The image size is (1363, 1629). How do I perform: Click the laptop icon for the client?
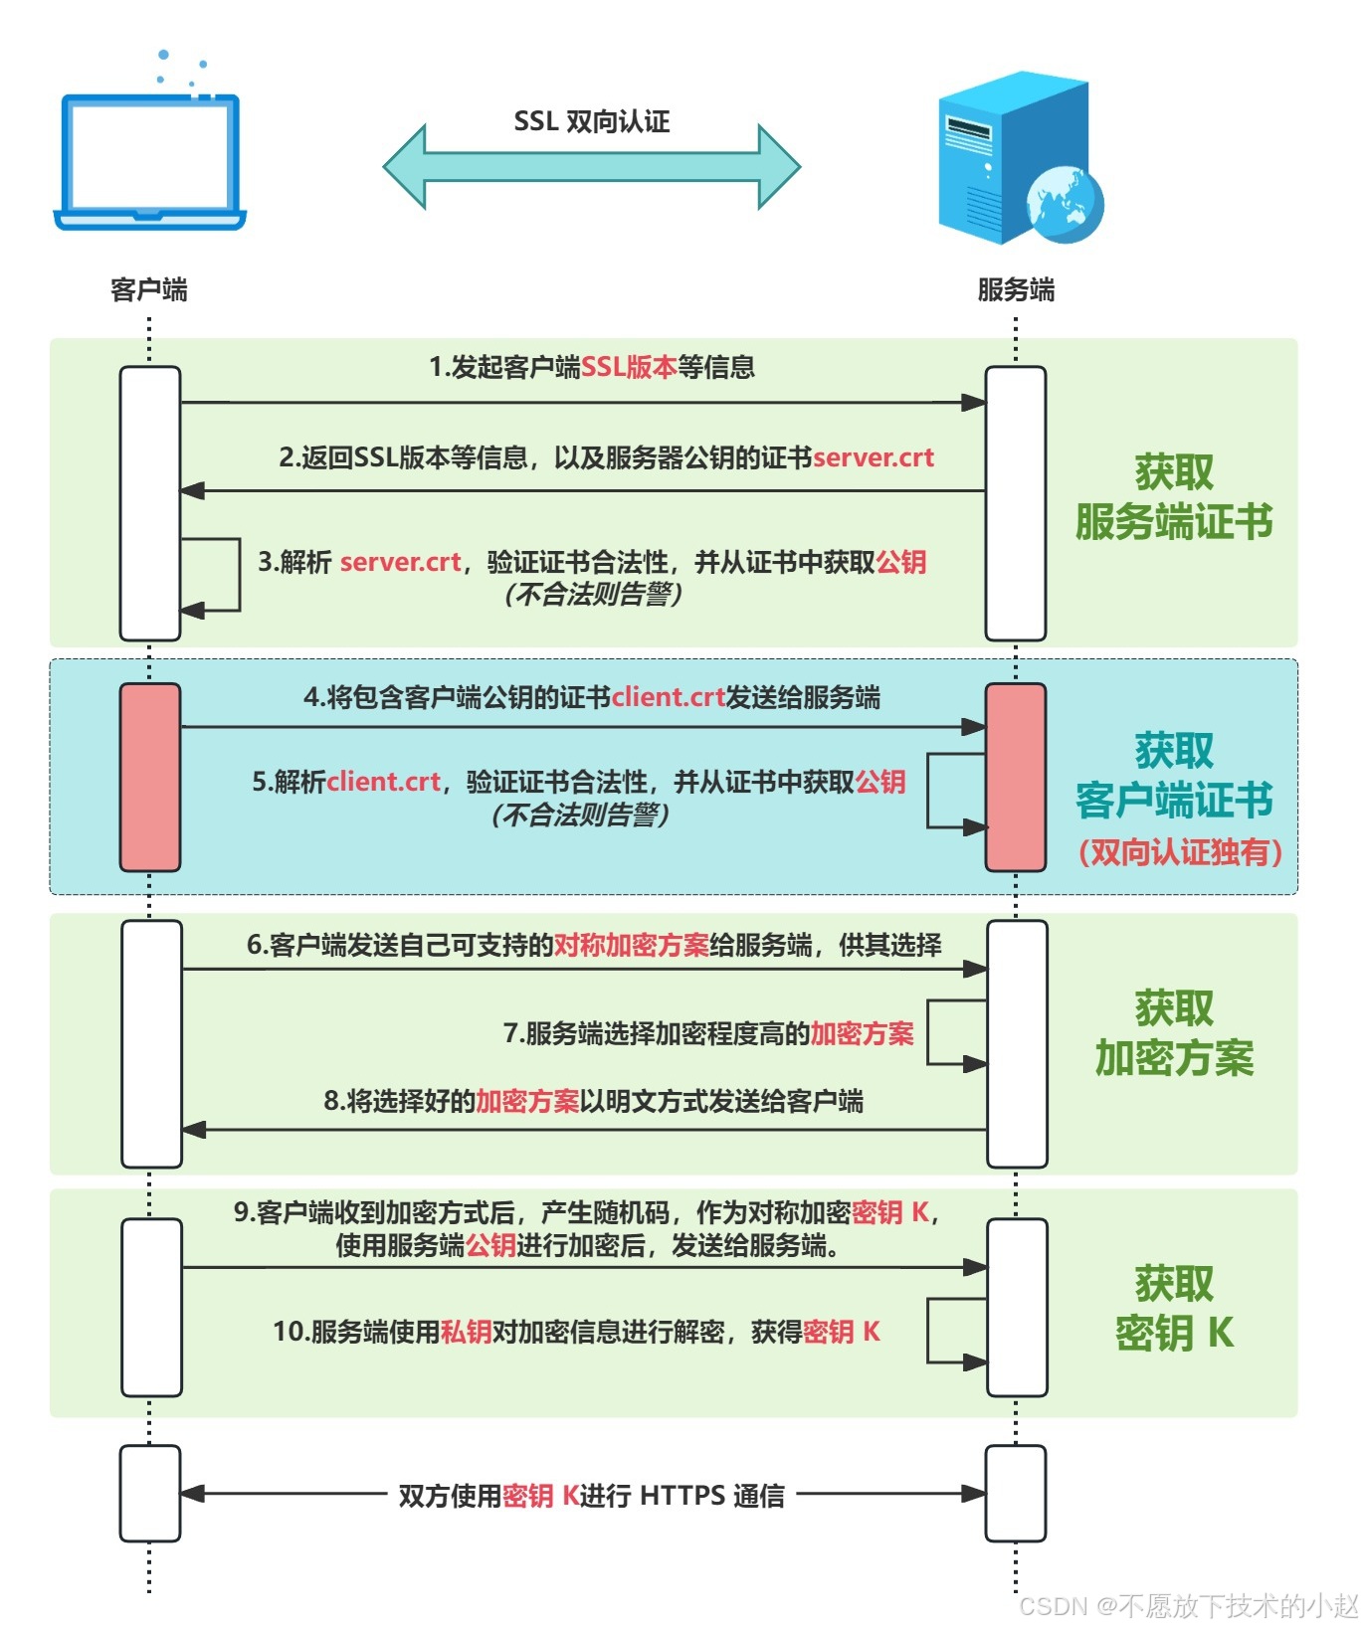pos(149,159)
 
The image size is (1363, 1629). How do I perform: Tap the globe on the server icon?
pos(1066,204)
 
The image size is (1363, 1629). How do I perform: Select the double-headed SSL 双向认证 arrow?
pos(592,166)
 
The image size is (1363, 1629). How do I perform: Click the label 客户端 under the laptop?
pos(149,289)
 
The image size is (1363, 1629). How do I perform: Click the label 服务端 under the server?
pos(1016,289)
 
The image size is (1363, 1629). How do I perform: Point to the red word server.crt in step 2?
pos(874,457)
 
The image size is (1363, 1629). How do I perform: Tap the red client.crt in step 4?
pos(669,697)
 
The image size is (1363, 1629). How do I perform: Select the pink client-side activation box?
pos(150,777)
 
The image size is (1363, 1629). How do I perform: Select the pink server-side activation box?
pos(1016,777)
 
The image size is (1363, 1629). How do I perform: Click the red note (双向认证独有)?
pos(1180,852)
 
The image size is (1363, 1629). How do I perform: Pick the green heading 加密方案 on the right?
pos(1175,1058)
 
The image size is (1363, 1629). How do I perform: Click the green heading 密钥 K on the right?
pos(1175,1333)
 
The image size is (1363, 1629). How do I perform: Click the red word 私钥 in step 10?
pos(466,1332)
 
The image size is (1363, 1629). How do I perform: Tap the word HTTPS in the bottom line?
pos(682,1496)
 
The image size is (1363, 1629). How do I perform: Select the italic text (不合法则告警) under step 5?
pos(580,815)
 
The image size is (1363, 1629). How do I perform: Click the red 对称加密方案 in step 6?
pos(631,945)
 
